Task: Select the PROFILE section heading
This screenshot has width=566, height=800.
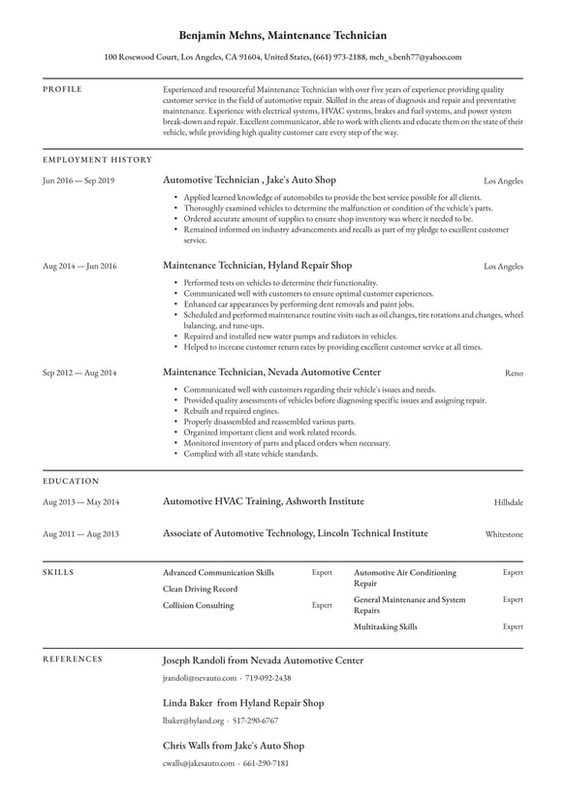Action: click(63, 89)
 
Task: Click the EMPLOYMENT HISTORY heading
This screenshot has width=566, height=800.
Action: click(98, 159)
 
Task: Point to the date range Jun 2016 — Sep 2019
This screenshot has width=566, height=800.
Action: click(79, 181)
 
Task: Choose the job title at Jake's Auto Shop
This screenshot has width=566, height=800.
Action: click(249, 180)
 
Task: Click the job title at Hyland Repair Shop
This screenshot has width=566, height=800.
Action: click(257, 265)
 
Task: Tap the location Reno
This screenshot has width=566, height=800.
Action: click(514, 372)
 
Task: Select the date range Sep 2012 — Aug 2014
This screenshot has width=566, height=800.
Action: click(79, 372)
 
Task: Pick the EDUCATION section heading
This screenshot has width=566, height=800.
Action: click(71, 480)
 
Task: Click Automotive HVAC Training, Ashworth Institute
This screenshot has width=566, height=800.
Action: click(263, 501)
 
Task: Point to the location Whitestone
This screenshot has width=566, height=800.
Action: click(504, 534)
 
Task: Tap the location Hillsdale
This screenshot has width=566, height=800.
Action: click(509, 502)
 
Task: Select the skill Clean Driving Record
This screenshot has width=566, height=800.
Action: click(200, 589)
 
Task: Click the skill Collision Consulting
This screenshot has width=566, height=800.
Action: click(198, 605)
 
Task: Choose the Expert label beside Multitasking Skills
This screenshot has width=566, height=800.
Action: click(513, 626)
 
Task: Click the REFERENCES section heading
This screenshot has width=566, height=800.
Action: click(73, 658)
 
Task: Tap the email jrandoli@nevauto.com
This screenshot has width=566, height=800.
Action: click(200, 678)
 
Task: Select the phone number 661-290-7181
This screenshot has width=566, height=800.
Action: click(267, 763)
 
